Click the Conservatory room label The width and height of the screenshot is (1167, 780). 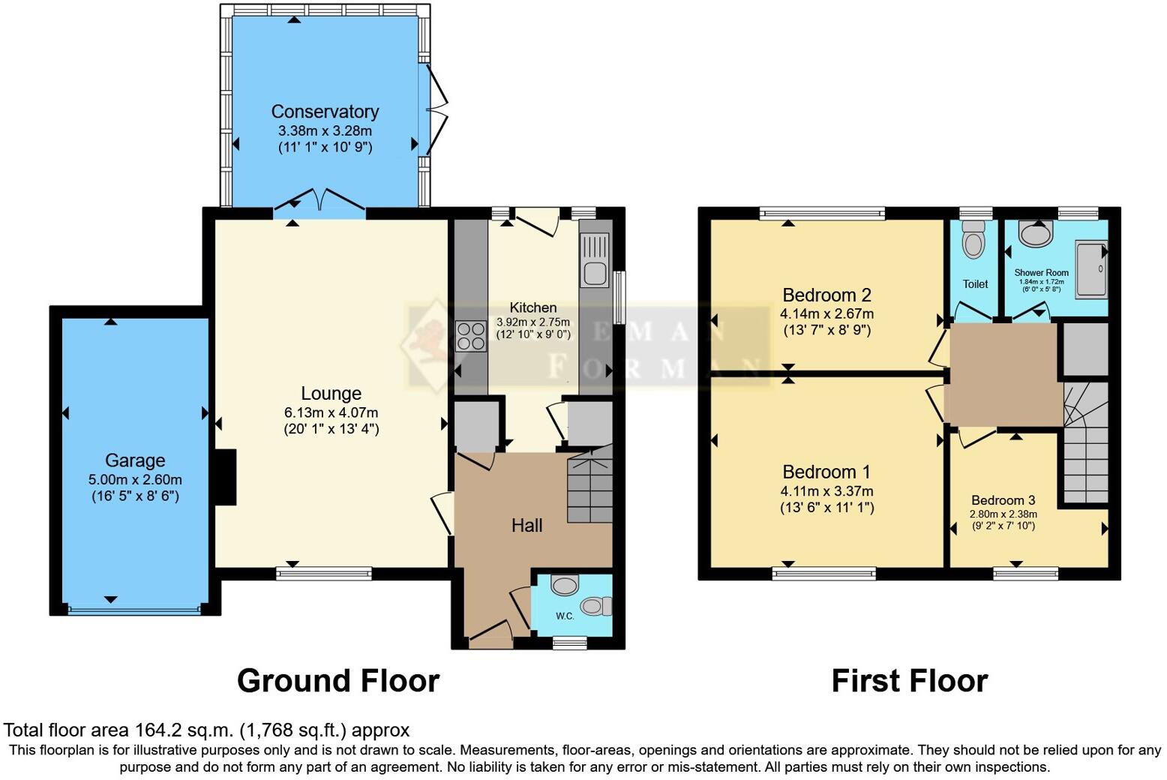pyautogui.click(x=325, y=112)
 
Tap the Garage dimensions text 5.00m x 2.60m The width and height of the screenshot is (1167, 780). pyautogui.click(x=135, y=480)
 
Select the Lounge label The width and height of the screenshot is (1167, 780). pyautogui.click(x=331, y=394)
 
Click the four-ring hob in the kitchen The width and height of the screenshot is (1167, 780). pyautogui.click(x=470, y=335)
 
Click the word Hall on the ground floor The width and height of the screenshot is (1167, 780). pyautogui.click(x=526, y=526)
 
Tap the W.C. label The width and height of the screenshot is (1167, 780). pyautogui.click(x=565, y=616)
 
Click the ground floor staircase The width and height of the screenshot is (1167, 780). pyautogui.click(x=591, y=487)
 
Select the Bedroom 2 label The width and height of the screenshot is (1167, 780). pyautogui.click(x=826, y=295)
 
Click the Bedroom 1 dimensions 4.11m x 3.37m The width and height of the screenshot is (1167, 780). pyautogui.click(x=826, y=491)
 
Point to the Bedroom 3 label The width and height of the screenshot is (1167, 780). pyautogui.click(x=1003, y=500)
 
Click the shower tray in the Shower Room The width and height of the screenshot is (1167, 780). pyautogui.click(x=1091, y=269)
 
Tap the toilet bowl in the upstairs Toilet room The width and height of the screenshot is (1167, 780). pyautogui.click(x=973, y=242)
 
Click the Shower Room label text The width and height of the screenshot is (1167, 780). pyautogui.click(x=1041, y=273)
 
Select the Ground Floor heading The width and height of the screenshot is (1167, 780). pyautogui.click(x=338, y=681)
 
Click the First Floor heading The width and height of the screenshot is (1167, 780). pyautogui.click(x=909, y=681)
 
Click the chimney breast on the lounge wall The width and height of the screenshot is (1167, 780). pyautogui.click(x=225, y=477)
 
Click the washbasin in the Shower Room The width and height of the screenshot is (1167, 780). pyautogui.click(x=1037, y=235)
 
